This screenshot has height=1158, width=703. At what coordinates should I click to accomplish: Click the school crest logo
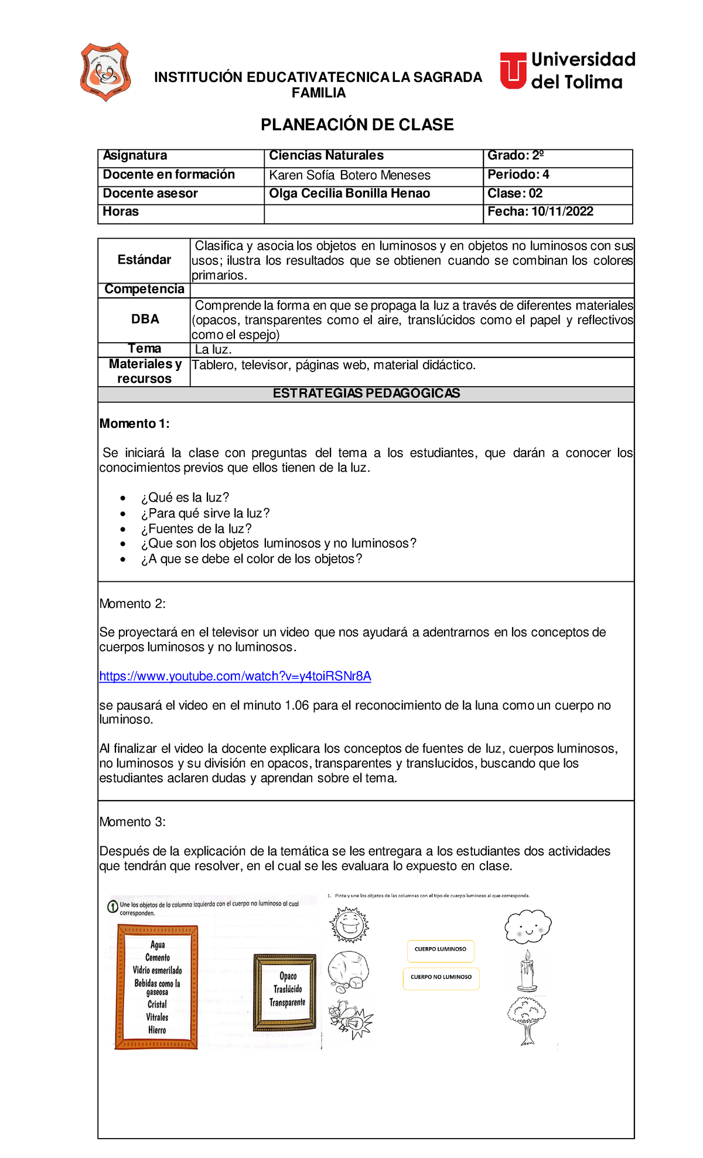[x=105, y=72]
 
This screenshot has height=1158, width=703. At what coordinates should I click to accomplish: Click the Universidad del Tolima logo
[x=567, y=71]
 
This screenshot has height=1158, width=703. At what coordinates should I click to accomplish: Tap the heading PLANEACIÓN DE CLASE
[x=357, y=125]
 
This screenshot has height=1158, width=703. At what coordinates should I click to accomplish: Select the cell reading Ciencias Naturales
[x=326, y=156]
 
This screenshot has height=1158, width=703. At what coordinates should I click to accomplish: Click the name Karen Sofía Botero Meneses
[x=350, y=175]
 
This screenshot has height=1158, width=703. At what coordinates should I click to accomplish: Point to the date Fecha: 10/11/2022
[x=540, y=212]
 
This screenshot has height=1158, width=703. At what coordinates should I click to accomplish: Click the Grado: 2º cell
[x=516, y=156]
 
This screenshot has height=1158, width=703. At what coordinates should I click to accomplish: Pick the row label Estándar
[x=144, y=260]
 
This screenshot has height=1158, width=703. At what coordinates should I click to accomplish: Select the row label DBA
[x=145, y=319]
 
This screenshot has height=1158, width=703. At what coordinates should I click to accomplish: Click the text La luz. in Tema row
[x=213, y=350]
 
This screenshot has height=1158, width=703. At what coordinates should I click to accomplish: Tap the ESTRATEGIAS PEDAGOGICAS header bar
[x=366, y=394]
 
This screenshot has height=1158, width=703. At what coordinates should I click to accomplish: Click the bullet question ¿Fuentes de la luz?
[x=196, y=529]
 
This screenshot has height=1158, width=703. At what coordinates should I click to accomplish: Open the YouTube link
[x=235, y=676]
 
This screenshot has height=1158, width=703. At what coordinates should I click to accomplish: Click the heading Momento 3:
[x=132, y=822]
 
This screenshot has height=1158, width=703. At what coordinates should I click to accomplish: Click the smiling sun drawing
[x=349, y=925]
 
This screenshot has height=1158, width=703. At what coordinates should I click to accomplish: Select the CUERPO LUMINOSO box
[x=441, y=949]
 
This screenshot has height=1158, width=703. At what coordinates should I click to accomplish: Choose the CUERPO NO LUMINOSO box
[x=441, y=978]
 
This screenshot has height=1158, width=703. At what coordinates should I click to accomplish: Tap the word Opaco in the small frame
[x=288, y=976]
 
